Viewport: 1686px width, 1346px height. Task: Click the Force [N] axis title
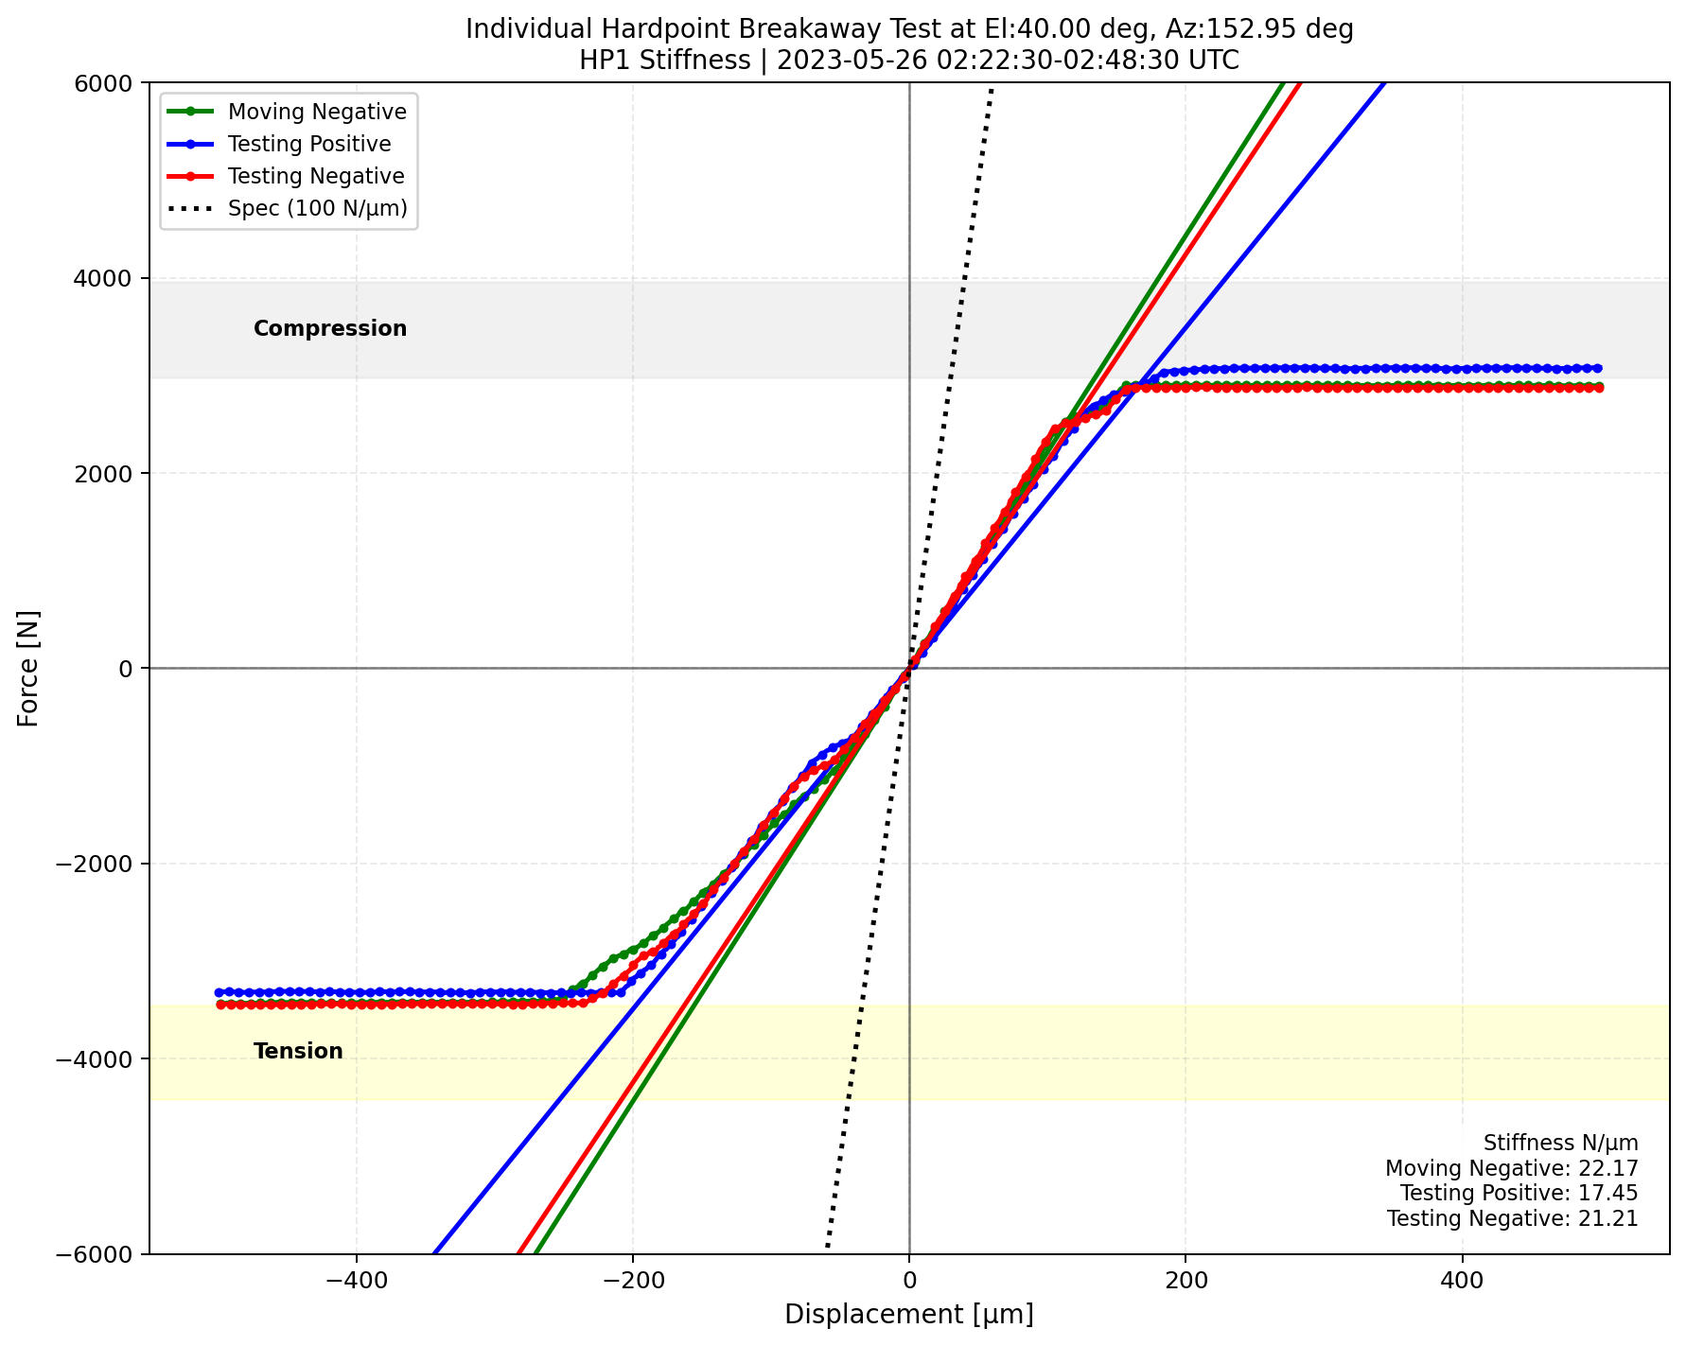click(29, 668)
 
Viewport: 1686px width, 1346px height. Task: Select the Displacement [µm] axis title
click(908, 1315)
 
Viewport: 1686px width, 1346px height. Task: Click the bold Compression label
click(330, 328)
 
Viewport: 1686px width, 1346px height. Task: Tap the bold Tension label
click(298, 1051)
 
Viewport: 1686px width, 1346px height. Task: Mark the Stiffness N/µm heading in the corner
click(1560, 1143)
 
